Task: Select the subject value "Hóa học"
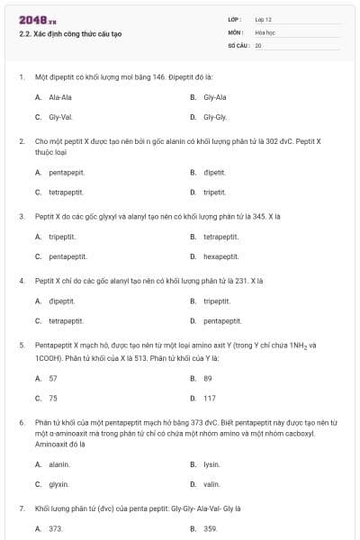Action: (x=265, y=31)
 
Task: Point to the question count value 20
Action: (x=258, y=44)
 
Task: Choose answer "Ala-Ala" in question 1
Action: (x=61, y=97)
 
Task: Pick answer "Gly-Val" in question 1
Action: (x=61, y=117)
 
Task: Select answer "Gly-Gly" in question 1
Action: (x=215, y=117)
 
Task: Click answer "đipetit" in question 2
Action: (x=214, y=172)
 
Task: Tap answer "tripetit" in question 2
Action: (x=214, y=192)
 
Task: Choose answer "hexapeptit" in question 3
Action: (x=220, y=256)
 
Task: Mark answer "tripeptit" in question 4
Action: (x=217, y=301)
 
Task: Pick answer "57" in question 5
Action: (x=53, y=378)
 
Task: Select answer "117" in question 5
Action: (x=210, y=398)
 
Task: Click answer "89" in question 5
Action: (x=208, y=378)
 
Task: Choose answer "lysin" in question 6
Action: (x=211, y=464)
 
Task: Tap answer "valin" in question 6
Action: (x=211, y=484)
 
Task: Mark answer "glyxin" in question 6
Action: (x=59, y=484)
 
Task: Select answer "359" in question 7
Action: (x=211, y=529)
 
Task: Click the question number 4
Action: (x=21, y=281)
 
